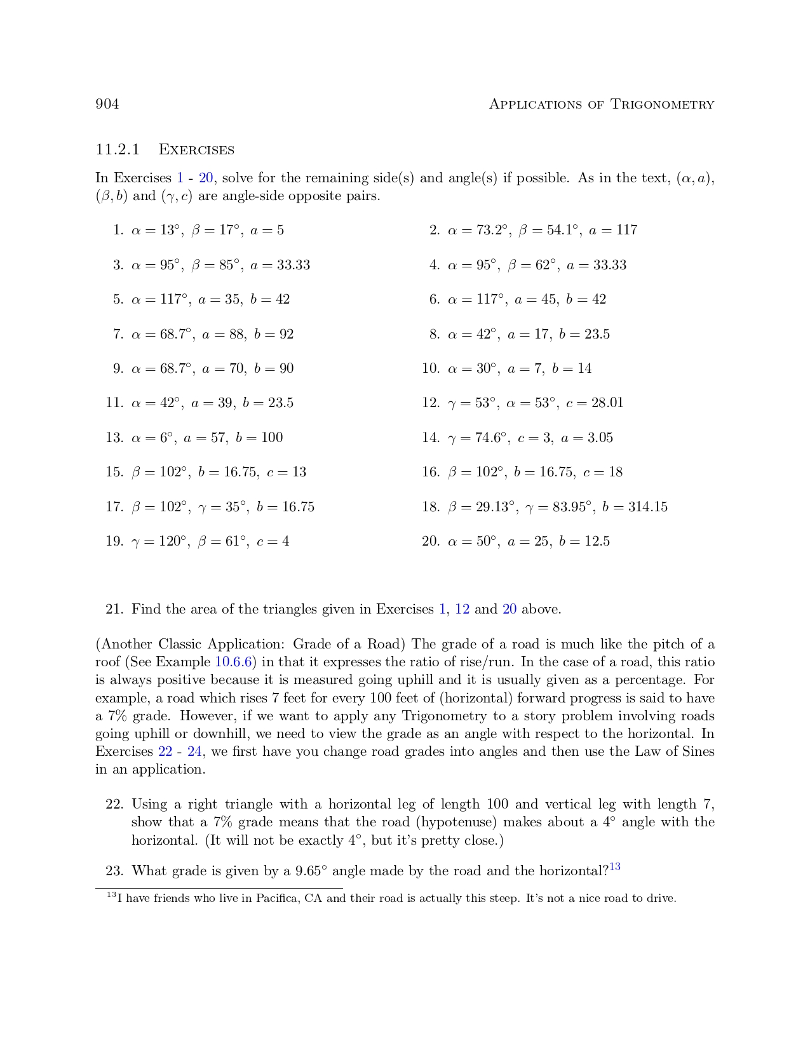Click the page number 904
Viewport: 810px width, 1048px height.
(x=107, y=104)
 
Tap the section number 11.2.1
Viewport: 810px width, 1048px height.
(x=118, y=150)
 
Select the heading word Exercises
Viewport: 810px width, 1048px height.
(x=196, y=150)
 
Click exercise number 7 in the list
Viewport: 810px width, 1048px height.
(x=118, y=334)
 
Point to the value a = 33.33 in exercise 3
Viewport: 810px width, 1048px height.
(x=280, y=265)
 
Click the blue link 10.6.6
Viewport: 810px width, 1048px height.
(x=235, y=662)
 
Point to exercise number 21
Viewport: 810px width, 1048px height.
(x=114, y=609)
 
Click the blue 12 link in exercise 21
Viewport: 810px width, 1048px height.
(x=462, y=609)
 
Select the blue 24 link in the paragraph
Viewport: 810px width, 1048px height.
(x=194, y=751)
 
